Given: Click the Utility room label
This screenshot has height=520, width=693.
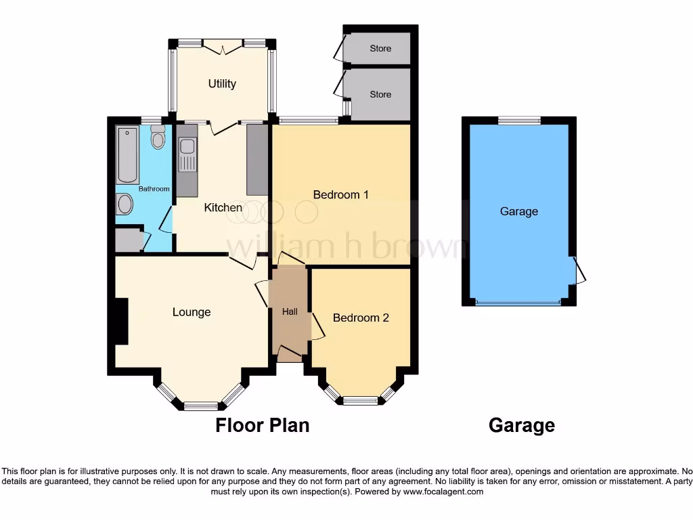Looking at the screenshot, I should [222, 84].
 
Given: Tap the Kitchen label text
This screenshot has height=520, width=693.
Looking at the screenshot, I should [223, 208].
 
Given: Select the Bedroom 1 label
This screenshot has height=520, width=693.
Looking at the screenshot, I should [340, 195].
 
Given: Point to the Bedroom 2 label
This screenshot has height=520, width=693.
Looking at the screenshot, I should [361, 318].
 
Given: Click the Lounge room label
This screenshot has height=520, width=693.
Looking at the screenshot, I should [192, 312].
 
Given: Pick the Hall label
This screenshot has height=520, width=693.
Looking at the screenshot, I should [290, 311].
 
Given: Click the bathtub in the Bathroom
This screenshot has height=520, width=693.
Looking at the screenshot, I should [127, 154].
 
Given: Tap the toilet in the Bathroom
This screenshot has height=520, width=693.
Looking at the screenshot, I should [158, 137].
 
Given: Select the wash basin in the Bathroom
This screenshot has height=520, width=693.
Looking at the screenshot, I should [125, 204].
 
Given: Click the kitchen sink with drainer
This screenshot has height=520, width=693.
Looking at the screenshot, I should [187, 155].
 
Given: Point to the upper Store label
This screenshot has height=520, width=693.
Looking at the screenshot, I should [380, 49].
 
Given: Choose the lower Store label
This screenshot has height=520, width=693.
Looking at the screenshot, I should [380, 95].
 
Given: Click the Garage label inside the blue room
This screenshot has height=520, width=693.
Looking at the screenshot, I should [519, 211].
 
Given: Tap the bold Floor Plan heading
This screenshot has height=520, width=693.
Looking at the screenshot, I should [263, 425].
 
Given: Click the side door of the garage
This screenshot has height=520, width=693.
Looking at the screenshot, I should [579, 271].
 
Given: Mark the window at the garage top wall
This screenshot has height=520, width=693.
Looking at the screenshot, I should [519, 121].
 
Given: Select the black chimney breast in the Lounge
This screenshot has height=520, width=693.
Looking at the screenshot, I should [120, 322].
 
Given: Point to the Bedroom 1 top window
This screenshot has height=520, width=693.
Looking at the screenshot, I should [309, 121].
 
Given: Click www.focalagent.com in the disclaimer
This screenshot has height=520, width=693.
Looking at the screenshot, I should [443, 492].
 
